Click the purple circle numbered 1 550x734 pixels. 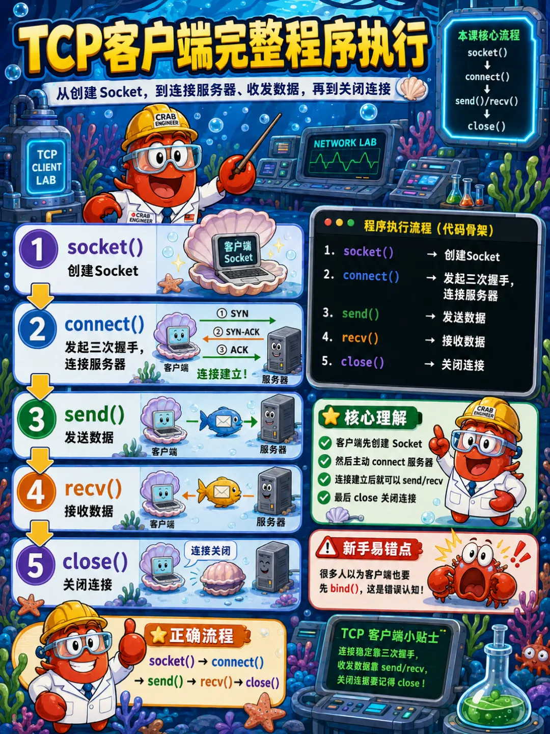(x=38, y=249)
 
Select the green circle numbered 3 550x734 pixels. (x=37, y=418)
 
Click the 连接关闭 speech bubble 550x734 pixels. (x=210, y=550)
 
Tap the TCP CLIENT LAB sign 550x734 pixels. (x=47, y=167)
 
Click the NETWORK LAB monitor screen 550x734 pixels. (x=345, y=156)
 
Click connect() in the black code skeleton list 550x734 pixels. (x=371, y=276)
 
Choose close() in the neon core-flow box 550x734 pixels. (x=486, y=126)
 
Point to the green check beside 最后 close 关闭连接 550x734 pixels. (x=324, y=497)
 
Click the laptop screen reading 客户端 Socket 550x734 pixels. (x=238, y=251)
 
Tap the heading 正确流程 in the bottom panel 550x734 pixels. (x=201, y=635)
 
